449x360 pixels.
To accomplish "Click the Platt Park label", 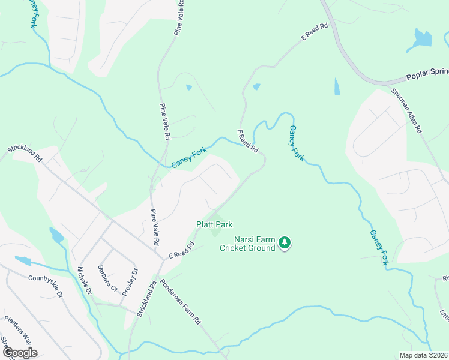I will pos(214,224).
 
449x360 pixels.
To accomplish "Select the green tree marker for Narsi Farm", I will pos(285,242).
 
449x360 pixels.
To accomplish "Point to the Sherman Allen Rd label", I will pos(408,111).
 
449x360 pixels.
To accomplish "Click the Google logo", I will pos(19,352).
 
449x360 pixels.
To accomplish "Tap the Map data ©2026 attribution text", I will pos(423,355).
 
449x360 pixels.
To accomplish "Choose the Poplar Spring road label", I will pos(427,76).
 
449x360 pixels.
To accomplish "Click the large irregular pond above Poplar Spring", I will pos(421,40).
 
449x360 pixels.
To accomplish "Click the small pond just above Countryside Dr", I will pos(22,261).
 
